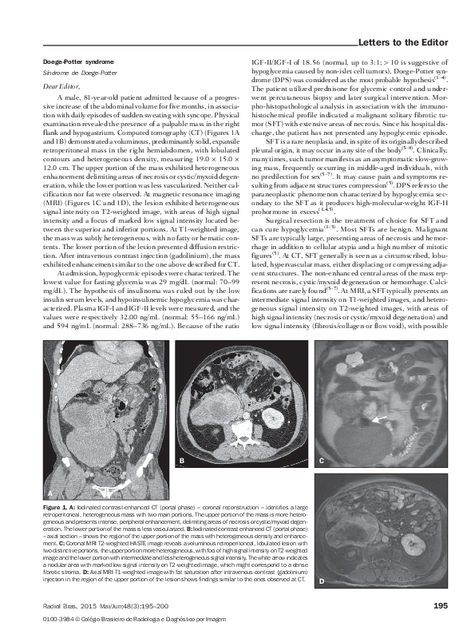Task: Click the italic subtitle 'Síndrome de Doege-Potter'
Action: (x=69, y=72)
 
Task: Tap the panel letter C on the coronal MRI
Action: (x=322, y=462)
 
